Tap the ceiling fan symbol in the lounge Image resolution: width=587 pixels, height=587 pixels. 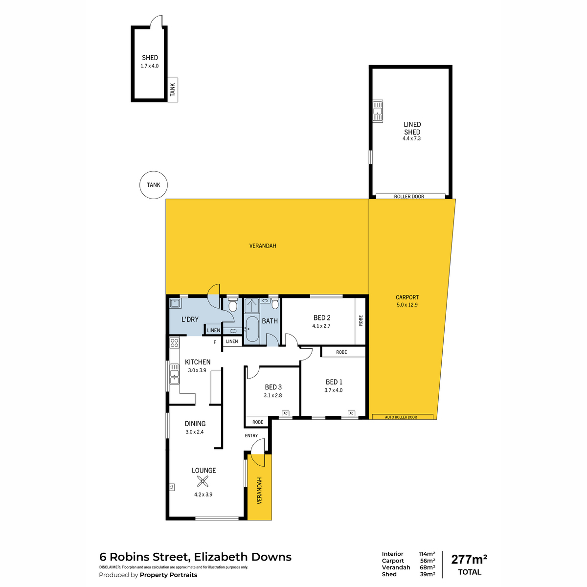click(x=203, y=481)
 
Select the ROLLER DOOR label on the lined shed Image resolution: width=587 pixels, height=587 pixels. click(x=409, y=197)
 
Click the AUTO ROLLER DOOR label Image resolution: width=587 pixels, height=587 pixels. click(x=401, y=417)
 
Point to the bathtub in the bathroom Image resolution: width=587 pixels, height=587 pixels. click(x=252, y=329)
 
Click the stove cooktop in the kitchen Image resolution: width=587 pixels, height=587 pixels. click(x=174, y=343)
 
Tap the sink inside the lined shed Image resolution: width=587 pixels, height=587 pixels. click(x=378, y=111)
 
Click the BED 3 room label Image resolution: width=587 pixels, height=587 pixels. click(x=273, y=387)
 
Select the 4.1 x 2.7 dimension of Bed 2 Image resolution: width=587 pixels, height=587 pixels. click(x=321, y=326)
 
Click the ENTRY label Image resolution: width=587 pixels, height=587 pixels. click(x=251, y=436)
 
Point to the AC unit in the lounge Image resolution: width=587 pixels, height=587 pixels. click(x=172, y=488)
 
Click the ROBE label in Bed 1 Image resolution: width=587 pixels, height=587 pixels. click(x=341, y=352)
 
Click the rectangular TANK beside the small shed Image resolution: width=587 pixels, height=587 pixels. click(x=173, y=90)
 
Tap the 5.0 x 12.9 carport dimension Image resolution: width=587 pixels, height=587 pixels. click(x=407, y=304)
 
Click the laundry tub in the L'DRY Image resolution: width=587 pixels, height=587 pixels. click(x=175, y=303)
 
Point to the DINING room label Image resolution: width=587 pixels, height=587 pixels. click(x=195, y=424)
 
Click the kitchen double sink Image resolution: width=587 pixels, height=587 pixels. click(x=174, y=374)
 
